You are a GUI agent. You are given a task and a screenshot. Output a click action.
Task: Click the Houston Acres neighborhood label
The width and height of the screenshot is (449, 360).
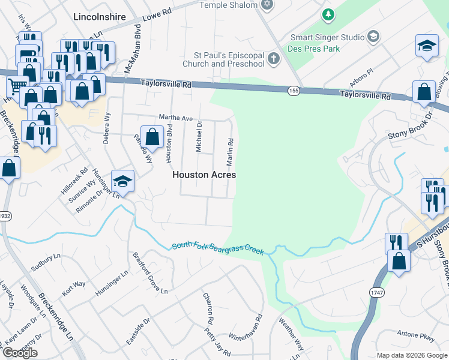coord(204,175)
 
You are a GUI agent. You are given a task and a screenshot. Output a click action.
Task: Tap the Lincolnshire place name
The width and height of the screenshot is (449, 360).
coord(99,17)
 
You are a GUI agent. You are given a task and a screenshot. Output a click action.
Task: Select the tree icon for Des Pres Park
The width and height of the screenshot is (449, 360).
coord(328,14)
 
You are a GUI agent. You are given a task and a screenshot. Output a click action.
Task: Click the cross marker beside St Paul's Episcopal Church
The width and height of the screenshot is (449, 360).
coord(274,58)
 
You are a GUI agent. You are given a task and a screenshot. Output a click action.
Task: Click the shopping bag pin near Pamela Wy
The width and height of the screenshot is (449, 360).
coord(152,137)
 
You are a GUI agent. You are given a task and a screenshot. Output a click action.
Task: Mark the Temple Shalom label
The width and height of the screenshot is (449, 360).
coord(229,5)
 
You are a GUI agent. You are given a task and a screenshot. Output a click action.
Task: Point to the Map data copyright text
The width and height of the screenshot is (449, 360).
coord(411,355)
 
